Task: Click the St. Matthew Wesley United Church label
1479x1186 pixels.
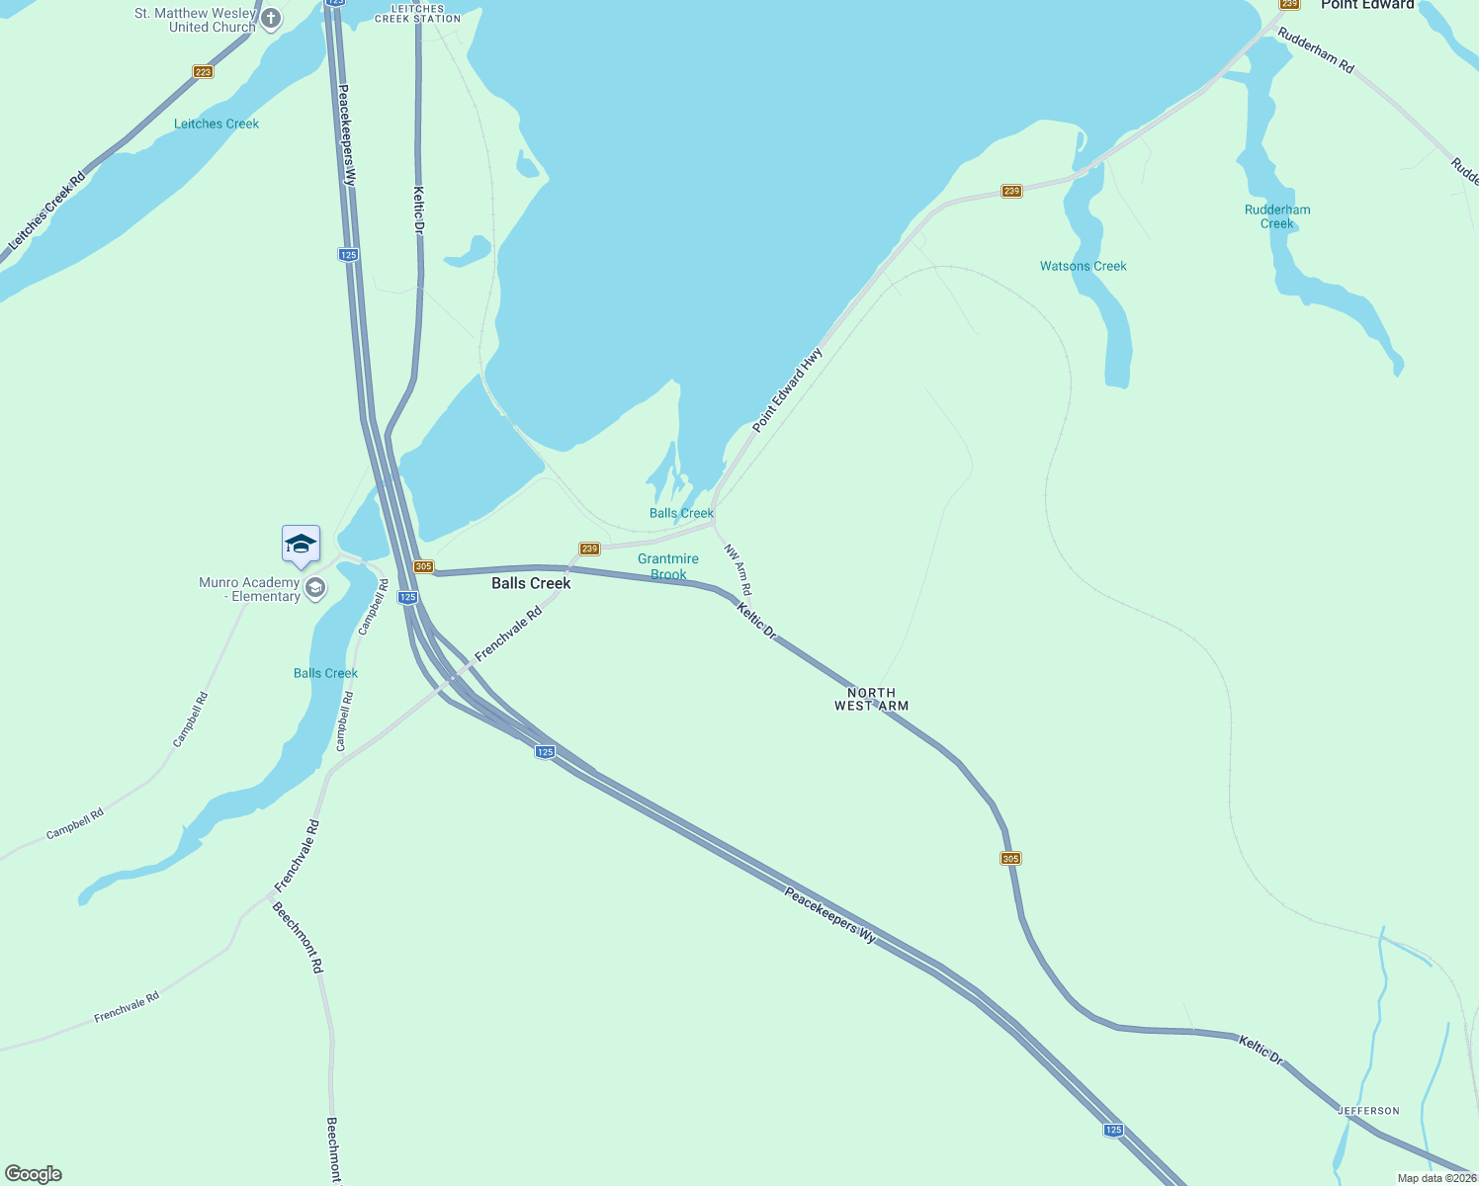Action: click(195, 20)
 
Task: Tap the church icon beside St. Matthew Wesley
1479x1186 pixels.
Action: click(271, 19)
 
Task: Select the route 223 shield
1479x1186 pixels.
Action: click(203, 72)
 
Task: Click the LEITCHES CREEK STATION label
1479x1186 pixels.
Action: click(418, 13)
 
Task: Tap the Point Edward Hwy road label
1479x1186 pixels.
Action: click(787, 389)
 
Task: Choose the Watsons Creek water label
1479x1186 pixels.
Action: click(1083, 266)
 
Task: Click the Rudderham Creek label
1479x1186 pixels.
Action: click(1277, 216)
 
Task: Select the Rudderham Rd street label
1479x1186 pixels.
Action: click(1315, 49)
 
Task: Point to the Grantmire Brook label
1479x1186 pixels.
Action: click(668, 566)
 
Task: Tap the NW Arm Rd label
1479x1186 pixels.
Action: click(738, 569)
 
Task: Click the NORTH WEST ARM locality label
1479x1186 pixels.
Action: click(871, 700)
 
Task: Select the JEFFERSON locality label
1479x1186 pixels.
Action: click(1369, 1111)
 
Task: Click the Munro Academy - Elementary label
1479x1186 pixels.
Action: click(249, 589)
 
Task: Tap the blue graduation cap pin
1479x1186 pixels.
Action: click(301, 545)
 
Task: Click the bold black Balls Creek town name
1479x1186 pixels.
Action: click(531, 583)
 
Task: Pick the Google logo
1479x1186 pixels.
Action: click(34, 1174)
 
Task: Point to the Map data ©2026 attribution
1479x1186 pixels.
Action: click(1435, 1178)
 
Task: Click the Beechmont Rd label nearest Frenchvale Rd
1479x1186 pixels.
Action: click(298, 938)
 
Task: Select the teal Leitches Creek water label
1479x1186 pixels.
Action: click(217, 124)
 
